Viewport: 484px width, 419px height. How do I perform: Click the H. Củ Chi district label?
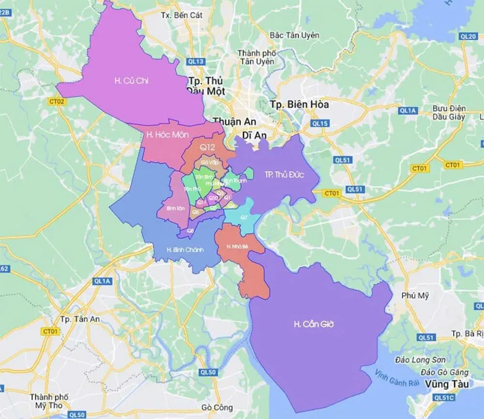pyautogui.click(x=131, y=81)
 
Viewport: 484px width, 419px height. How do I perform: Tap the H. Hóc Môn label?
pyautogui.click(x=167, y=134)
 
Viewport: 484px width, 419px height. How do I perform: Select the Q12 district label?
pyautogui.click(x=205, y=145)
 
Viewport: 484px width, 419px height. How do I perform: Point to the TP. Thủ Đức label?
pyautogui.click(x=285, y=174)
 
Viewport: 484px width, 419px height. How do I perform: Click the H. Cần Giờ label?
pyautogui.click(x=314, y=324)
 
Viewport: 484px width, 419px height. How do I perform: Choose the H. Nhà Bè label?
pyautogui.click(x=238, y=247)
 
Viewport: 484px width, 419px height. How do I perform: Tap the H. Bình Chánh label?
pyautogui.click(x=185, y=250)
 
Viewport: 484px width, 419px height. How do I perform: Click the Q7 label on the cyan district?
pyautogui.click(x=244, y=217)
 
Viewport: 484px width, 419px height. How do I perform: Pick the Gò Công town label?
pyautogui.click(x=217, y=407)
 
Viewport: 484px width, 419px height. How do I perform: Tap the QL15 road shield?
pyautogui.click(x=320, y=124)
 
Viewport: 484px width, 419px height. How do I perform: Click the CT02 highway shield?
pyautogui.click(x=57, y=101)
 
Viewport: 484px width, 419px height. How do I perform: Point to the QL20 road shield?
pyautogui.click(x=468, y=36)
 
